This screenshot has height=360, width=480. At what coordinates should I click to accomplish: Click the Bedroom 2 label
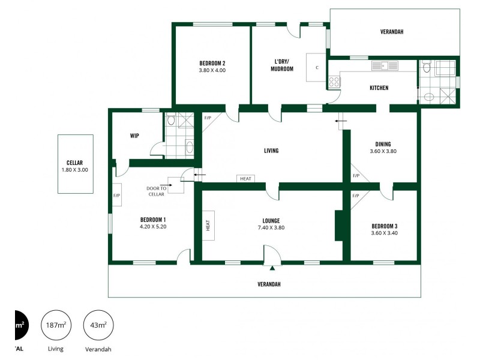(212, 63)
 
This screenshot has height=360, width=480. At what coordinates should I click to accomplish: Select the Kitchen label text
(379, 88)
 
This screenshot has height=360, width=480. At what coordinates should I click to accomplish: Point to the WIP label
(134, 136)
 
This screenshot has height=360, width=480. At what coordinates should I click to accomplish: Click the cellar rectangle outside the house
(75, 164)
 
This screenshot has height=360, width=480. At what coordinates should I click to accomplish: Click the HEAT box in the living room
(246, 179)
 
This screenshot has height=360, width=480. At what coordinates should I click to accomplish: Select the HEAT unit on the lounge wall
(209, 225)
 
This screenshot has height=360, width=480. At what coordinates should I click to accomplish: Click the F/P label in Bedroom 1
(116, 196)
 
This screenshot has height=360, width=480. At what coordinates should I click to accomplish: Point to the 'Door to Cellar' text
(155, 191)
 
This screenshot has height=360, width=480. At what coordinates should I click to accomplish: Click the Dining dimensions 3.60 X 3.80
(383, 151)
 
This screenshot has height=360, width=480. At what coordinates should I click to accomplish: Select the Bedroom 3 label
(384, 226)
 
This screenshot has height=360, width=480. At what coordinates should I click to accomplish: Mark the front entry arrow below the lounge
(272, 269)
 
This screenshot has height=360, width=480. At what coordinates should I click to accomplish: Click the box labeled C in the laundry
(316, 67)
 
